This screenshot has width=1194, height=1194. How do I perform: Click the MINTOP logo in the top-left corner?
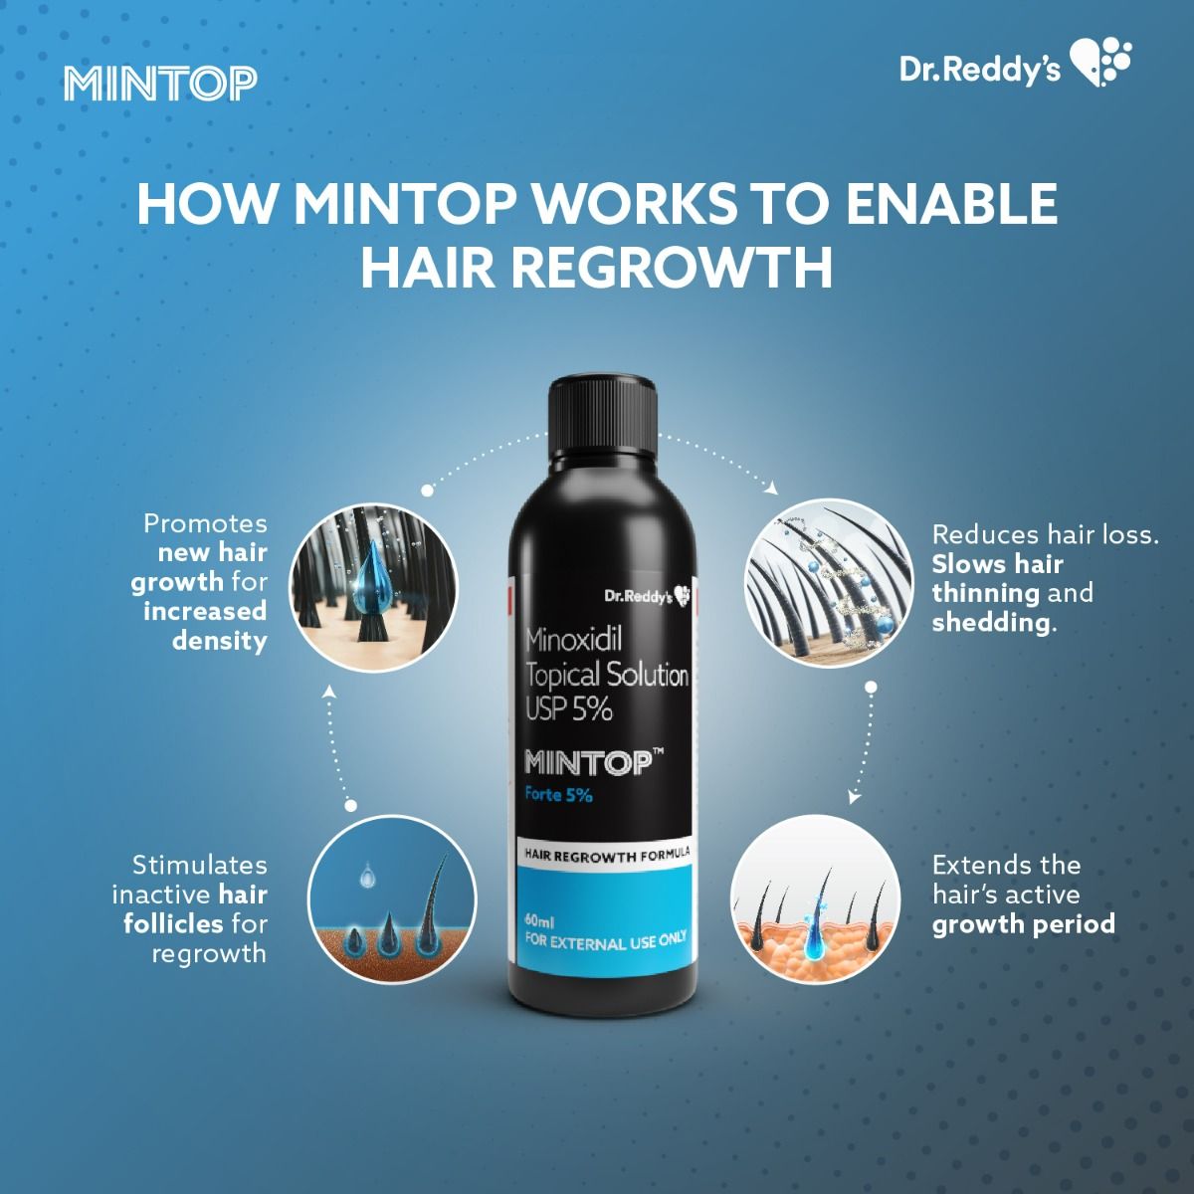(160, 84)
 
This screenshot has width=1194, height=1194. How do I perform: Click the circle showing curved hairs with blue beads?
(829, 583)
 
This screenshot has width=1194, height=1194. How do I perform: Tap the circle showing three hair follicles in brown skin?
(391, 899)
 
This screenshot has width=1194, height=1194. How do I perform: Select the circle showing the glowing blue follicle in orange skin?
(815, 899)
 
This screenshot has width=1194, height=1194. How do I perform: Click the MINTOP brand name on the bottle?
(588, 763)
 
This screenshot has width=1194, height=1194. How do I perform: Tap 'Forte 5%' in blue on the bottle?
(558, 794)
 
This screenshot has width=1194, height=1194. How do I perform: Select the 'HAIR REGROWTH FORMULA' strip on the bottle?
(606, 855)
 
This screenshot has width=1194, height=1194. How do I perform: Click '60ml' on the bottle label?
(540, 921)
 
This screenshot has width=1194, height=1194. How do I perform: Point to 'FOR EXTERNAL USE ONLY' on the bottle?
(605, 940)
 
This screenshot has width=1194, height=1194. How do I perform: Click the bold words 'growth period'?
(1023, 923)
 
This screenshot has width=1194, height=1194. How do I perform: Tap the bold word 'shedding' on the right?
(990, 622)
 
